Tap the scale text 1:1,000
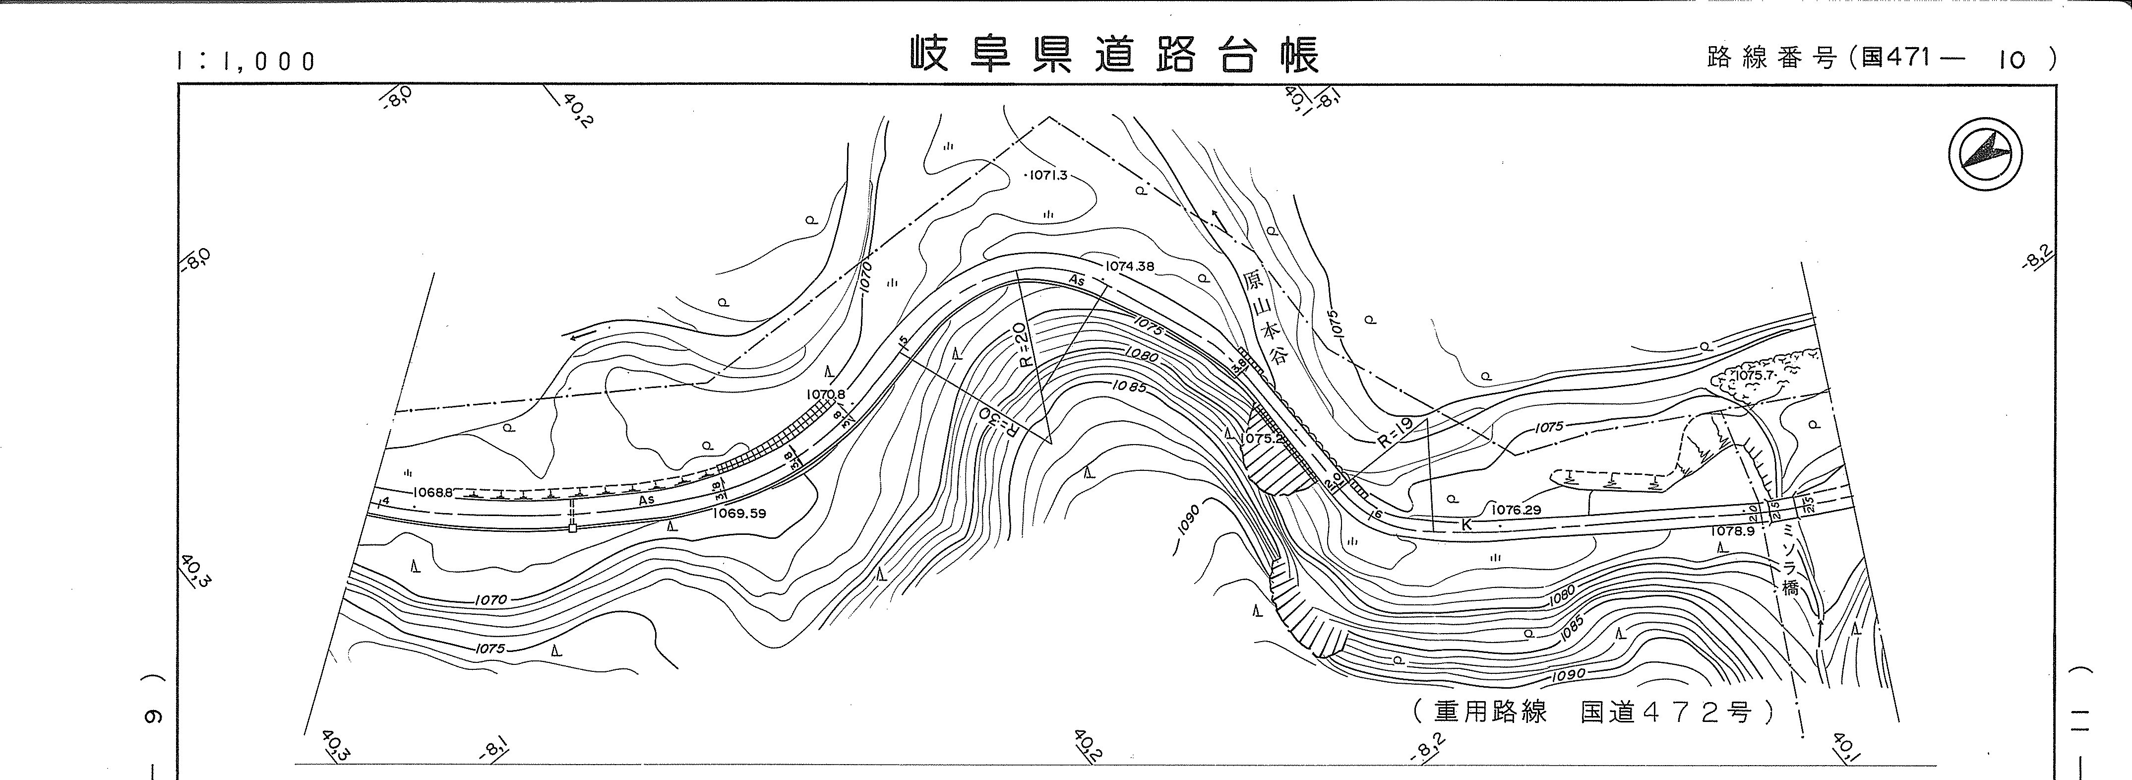click(246, 61)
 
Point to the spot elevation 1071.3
click(1048, 176)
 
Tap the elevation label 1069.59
click(739, 514)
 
